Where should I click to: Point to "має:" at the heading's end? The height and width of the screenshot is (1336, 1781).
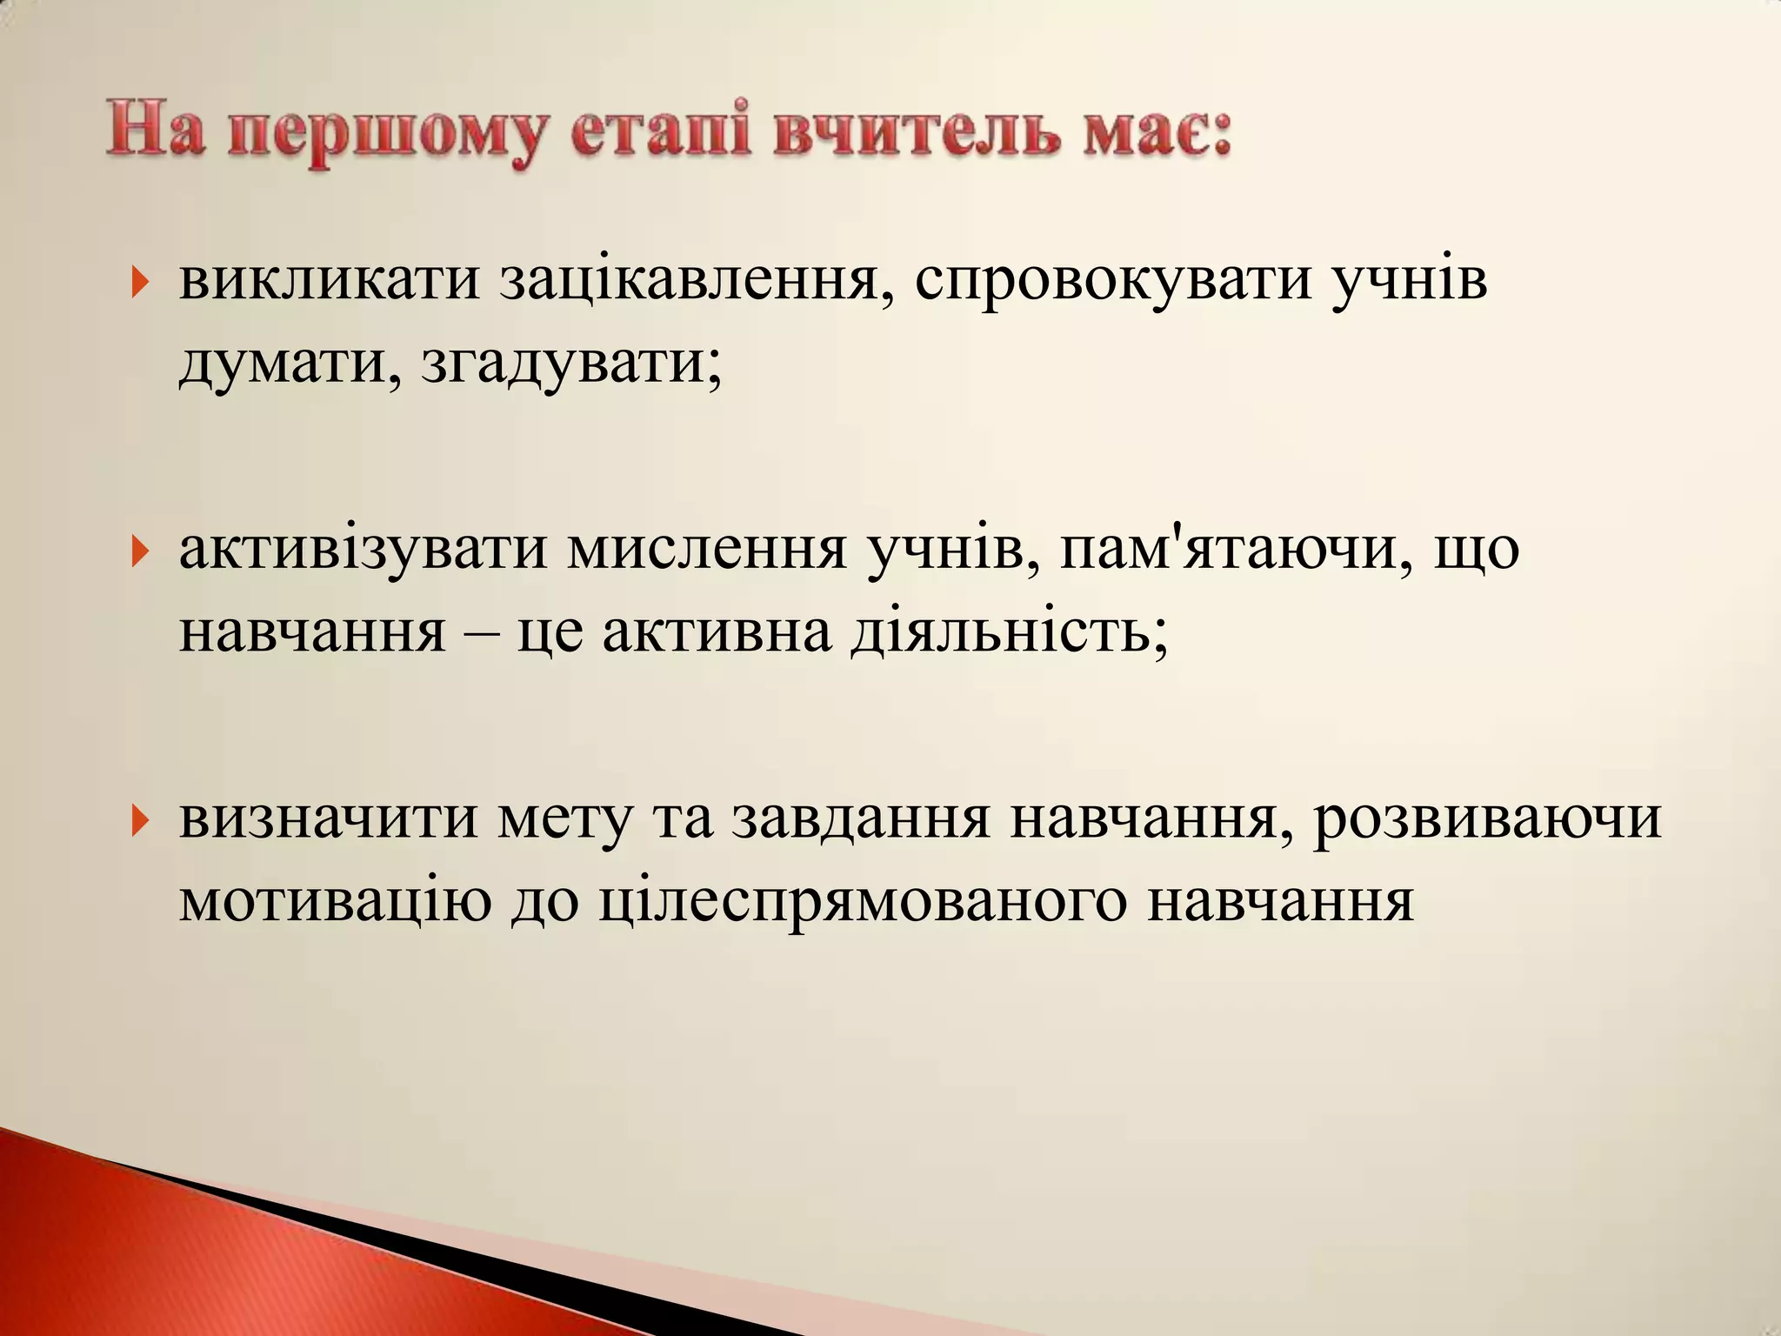(x=1157, y=134)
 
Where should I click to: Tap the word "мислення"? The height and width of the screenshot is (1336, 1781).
(x=706, y=550)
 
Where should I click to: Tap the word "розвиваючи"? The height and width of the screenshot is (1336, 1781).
(x=1486, y=819)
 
